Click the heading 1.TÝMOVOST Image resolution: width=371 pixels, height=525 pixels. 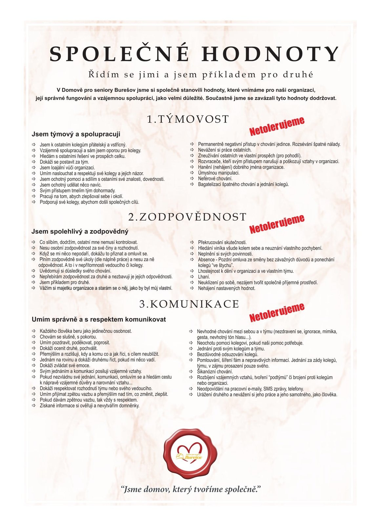[188, 119]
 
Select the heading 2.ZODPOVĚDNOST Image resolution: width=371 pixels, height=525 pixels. [187, 217]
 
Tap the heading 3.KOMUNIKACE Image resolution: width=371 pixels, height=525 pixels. [189, 304]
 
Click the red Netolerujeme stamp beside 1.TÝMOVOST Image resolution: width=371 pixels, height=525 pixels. [277, 126]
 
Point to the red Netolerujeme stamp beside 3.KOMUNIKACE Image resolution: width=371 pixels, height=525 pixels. [277, 312]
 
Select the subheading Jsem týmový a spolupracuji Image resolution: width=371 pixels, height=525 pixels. [76, 134]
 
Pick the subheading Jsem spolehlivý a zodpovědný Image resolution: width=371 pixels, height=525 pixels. [80, 232]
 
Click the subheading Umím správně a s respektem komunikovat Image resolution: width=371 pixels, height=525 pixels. [99, 319]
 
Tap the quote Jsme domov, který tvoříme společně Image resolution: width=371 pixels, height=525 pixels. [191, 490]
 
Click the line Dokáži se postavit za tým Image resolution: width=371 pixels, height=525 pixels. [64, 162]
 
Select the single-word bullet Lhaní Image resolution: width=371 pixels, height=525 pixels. [204, 277]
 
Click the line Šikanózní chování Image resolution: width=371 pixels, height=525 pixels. [215, 372]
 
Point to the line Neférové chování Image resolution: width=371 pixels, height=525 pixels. [215, 178]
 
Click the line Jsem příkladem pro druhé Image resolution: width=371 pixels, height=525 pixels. [65, 283]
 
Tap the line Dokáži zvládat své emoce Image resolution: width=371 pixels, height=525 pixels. [65, 366]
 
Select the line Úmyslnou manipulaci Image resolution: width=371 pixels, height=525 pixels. [219, 173]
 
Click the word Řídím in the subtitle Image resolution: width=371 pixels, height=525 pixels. [104, 75]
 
